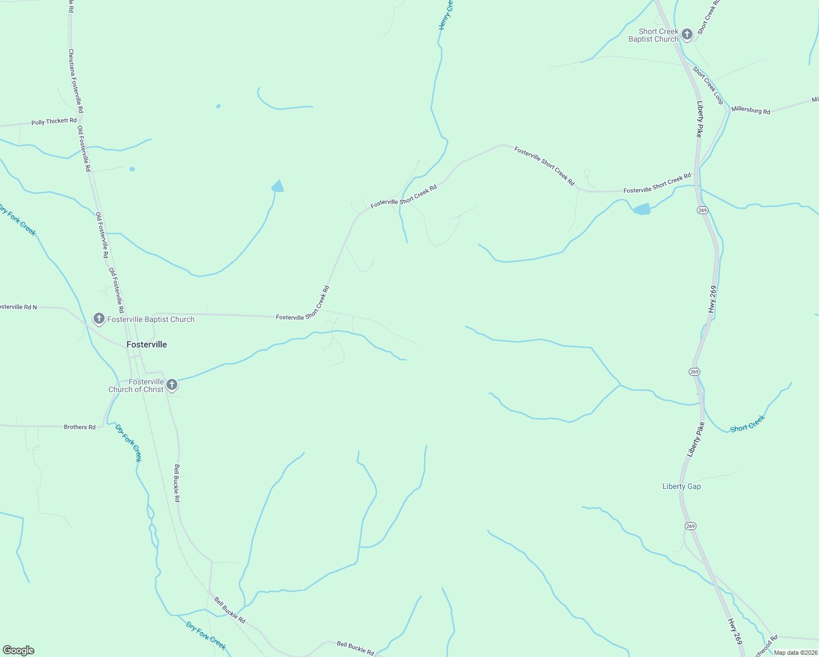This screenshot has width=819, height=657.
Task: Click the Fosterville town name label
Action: pos(147,344)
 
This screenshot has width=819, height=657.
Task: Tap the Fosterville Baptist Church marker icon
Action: pos(99,318)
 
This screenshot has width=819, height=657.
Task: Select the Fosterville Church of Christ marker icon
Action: pos(172,385)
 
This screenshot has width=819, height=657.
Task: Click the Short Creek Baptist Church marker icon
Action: pos(687,34)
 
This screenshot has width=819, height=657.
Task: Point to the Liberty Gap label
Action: pos(682,486)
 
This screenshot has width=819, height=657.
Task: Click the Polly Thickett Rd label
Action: pos(54,122)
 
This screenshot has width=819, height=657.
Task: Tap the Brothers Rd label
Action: pos(79,427)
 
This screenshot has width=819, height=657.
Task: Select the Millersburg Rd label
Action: pos(751,110)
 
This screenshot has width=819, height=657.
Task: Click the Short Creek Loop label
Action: pos(708,85)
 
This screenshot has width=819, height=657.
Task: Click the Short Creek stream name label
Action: pos(747,424)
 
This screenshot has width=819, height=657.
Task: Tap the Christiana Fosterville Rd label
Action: pos(76,81)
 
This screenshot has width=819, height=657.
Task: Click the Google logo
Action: pos(18,650)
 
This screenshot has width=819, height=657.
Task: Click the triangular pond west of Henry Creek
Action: pos(279,187)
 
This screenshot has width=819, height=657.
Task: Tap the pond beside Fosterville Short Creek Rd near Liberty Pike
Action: pos(642,209)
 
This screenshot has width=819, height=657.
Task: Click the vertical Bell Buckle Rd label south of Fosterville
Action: pos(177,483)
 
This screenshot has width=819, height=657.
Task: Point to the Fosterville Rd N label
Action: pos(18,307)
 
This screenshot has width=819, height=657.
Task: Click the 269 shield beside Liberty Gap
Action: pos(690,526)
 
